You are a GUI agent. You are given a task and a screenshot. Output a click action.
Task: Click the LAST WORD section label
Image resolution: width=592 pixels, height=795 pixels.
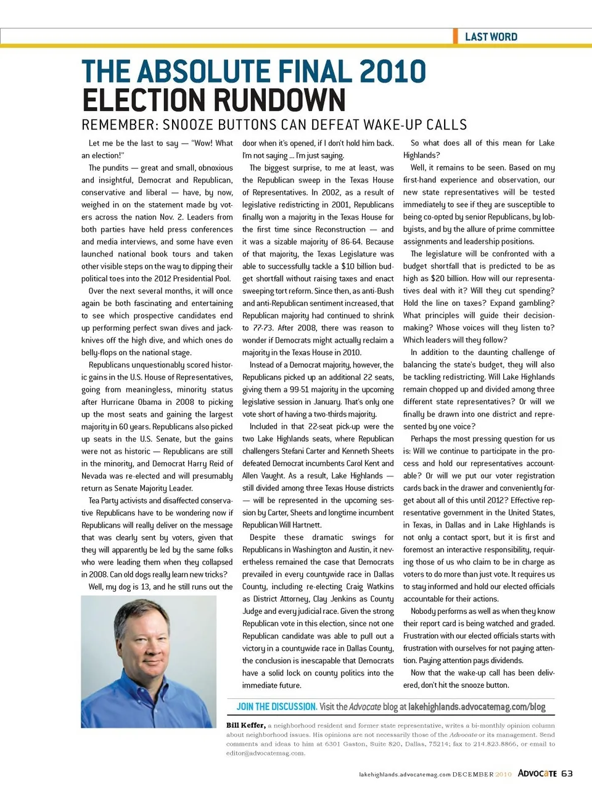click(491, 37)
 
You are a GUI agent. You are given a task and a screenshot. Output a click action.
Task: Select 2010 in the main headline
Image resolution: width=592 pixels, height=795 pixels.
click(392, 71)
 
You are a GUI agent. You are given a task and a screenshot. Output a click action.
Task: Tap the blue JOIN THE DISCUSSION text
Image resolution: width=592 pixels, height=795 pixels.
click(276, 707)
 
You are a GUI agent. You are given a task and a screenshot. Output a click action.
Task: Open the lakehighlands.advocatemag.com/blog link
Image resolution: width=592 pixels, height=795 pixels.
click(477, 707)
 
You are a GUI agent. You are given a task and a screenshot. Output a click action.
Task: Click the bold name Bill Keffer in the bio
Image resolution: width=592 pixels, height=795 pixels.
click(245, 725)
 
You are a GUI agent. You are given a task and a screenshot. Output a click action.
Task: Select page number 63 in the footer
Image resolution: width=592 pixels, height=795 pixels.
click(567, 773)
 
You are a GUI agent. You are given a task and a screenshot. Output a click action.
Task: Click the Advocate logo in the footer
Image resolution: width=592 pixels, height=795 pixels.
click(537, 773)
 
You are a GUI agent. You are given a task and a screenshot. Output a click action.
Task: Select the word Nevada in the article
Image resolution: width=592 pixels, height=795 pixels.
click(95, 476)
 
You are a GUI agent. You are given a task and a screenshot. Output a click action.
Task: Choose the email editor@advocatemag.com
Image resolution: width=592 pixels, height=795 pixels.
click(265, 753)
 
